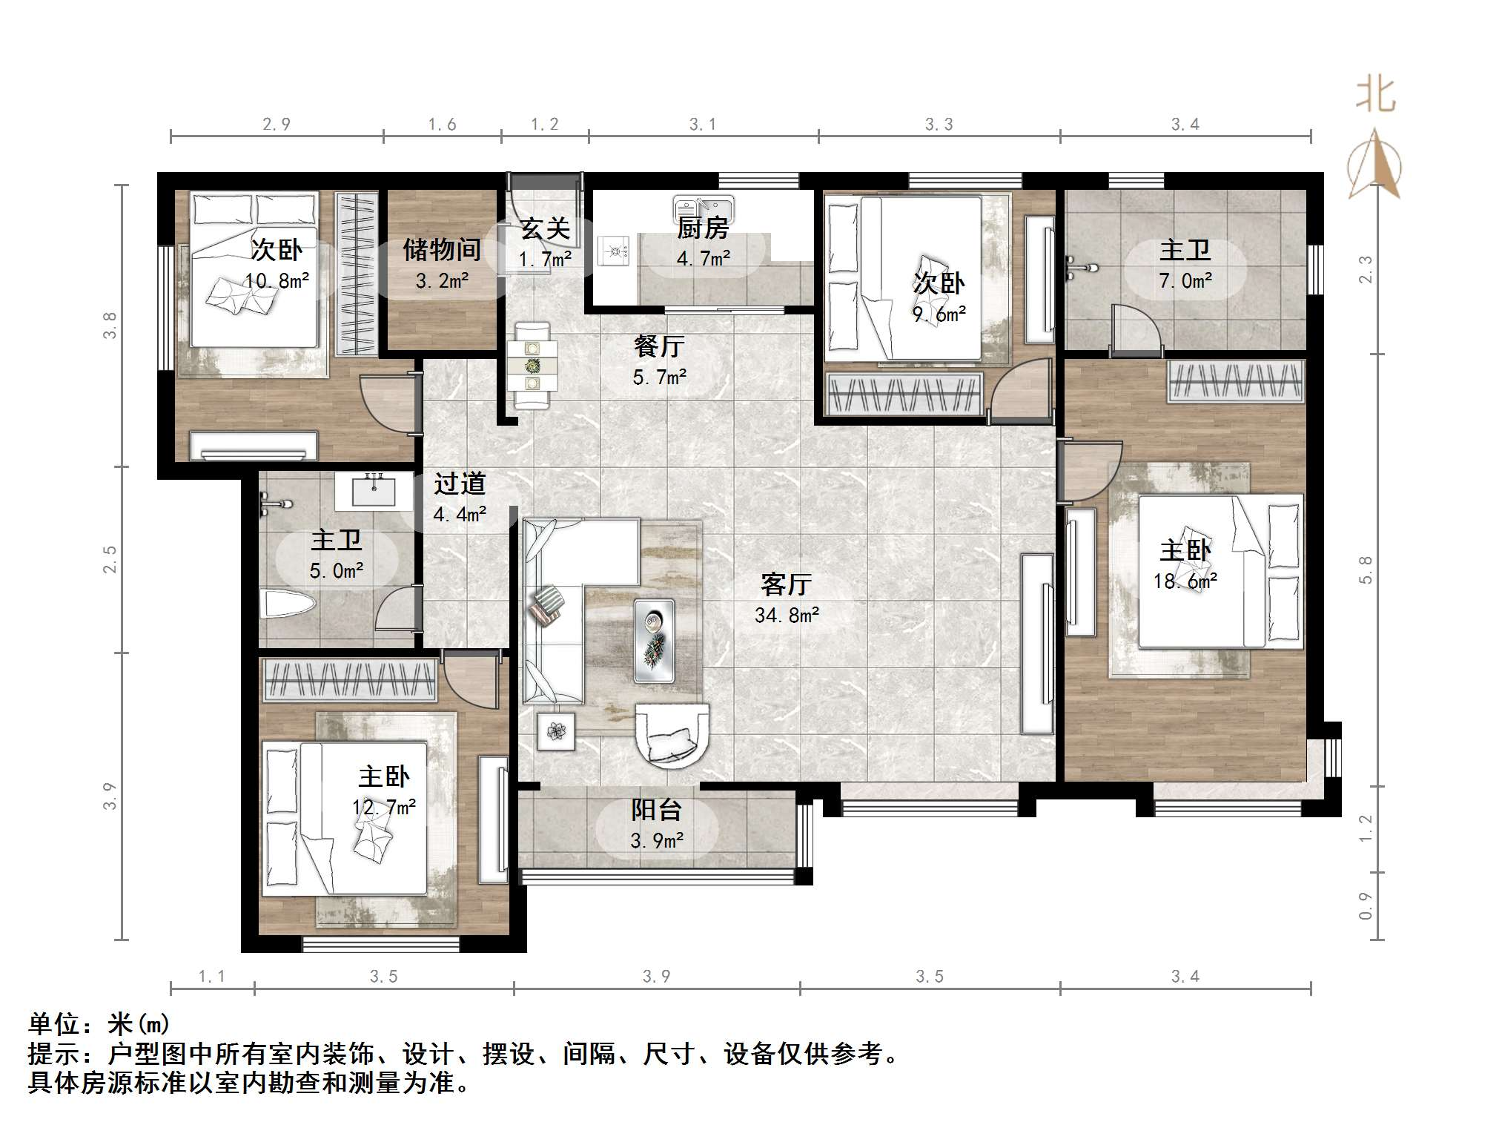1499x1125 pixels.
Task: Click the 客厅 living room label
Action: pos(786,585)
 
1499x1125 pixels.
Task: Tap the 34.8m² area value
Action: pos(787,616)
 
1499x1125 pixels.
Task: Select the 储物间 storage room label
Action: pos(442,250)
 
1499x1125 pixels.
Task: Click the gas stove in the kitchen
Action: pos(615,250)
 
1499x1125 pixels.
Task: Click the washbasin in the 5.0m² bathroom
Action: pos(374,490)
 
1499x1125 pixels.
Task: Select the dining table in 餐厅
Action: pos(532,365)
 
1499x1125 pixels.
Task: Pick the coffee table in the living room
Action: pos(654,640)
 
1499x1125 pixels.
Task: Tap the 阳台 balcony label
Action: pos(656,810)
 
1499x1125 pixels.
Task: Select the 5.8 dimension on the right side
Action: pos(1366,570)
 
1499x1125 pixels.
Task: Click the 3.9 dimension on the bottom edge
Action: pos(656,977)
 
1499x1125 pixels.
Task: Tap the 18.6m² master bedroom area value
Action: pos(1185,582)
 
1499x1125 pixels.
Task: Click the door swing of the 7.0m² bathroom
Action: pos(1136,326)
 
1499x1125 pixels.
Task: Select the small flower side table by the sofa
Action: pos(556,731)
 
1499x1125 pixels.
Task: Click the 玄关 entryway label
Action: pos(545,228)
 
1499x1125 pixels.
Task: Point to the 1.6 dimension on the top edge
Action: pos(442,125)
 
